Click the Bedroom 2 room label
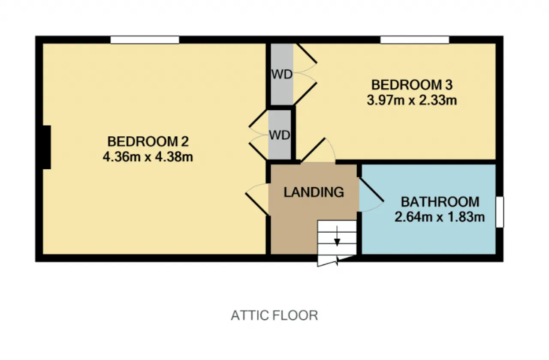tap(148, 141)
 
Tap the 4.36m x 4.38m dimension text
tap(148, 157)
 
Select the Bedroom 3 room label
tap(412, 85)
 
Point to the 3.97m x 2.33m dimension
tap(412, 100)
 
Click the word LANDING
tap(314, 192)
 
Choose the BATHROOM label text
tap(440, 202)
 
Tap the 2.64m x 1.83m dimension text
tap(440, 217)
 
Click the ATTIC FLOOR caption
tap(274, 315)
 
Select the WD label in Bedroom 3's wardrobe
tap(282, 74)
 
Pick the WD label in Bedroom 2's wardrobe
tap(280, 135)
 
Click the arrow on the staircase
tap(337, 236)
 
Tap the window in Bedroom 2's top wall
tap(145, 40)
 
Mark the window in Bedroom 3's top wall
tap(415, 40)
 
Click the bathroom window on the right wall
tap(500, 212)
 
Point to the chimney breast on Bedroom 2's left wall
tap(47, 147)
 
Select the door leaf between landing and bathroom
tap(371, 190)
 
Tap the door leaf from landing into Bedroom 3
tap(313, 150)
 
